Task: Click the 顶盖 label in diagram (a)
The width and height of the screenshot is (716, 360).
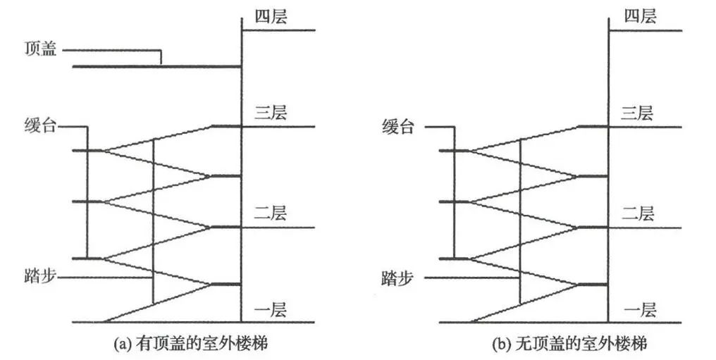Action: click(x=41, y=50)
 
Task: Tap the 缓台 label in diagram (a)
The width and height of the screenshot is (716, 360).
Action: click(x=40, y=128)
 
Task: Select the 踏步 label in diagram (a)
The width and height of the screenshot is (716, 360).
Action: click(x=40, y=277)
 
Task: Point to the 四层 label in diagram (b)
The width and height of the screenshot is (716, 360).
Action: click(x=639, y=15)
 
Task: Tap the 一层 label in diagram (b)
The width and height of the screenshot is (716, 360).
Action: click(x=640, y=309)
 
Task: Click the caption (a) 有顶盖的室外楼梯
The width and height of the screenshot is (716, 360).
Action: click(x=191, y=345)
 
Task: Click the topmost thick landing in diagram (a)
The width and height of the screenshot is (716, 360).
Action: click(x=226, y=127)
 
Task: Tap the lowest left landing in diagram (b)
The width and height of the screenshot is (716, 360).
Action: click(x=455, y=259)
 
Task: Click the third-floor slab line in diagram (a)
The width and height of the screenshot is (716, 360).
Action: click(x=278, y=127)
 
